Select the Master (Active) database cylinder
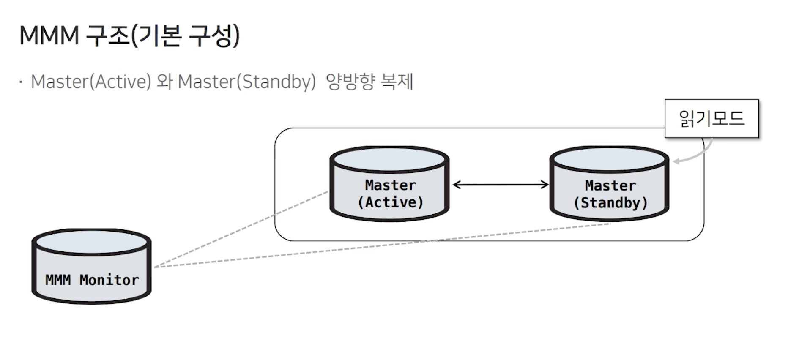[x=389, y=184]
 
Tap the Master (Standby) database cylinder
[x=609, y=184]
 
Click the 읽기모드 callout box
[x=711, y=118]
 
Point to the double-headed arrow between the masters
[x=500, y=185]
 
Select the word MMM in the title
[x=49, y=35]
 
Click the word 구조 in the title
[x=107, y=35]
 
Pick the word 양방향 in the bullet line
[x=350, y=82]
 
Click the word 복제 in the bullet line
[x=397, y=82]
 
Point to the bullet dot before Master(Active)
[x=21, y=82]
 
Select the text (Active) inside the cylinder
[x=390, y=202]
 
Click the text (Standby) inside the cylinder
[x=610, y=203]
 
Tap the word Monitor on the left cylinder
[x=109, y=280]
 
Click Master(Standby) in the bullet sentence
[x=246, y=82]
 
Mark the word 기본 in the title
[x=160, y=35]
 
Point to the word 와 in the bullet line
[x=164, y=82]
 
